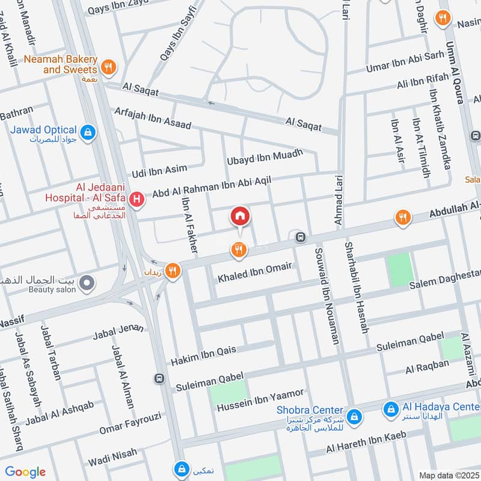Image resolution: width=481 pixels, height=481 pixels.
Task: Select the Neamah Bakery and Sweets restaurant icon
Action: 108,67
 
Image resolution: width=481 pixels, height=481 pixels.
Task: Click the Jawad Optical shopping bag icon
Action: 88,132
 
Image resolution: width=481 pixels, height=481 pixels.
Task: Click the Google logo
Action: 25,472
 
